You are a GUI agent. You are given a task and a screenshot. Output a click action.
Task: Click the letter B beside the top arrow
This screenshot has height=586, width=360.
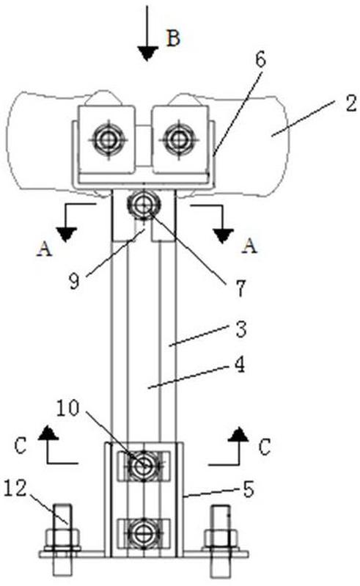click(x=173, y=37)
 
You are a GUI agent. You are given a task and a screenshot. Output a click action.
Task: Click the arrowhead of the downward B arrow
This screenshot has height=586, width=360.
click(x=147, y=54)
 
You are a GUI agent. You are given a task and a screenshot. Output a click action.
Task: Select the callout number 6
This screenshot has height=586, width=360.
click(x=260, y=59)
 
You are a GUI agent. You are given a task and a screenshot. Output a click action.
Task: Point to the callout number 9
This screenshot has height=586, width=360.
click(x=75, y=281)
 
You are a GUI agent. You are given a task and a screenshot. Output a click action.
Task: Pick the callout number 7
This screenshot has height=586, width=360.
click(x=240, y=288)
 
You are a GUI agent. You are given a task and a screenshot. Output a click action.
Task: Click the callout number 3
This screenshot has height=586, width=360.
click(x=241, y=329)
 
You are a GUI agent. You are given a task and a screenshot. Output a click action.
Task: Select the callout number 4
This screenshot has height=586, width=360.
click(x=239, y=365)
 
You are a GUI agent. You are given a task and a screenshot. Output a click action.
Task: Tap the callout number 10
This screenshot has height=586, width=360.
click(x=68, y=408)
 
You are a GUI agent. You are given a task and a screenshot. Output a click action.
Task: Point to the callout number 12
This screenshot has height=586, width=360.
click(x=15, y=488)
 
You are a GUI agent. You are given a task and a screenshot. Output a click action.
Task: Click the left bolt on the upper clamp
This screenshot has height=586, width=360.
click(x=109, y=140)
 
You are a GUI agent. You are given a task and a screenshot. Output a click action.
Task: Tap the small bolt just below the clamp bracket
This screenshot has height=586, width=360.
click(x=144, y=205)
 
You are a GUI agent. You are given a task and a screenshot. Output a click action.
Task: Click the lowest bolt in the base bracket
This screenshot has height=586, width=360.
click(x=144, y=533)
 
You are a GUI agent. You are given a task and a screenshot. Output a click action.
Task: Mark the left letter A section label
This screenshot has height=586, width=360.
click(x=45, y=249)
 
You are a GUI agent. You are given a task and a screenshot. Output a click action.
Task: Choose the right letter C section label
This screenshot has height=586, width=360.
click(x=265, y=447)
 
